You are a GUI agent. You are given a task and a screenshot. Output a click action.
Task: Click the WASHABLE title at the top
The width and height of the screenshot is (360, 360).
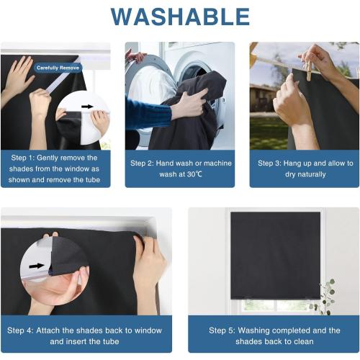[180, 17]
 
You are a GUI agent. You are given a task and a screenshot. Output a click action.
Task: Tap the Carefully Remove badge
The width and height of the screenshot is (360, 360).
[58, 68]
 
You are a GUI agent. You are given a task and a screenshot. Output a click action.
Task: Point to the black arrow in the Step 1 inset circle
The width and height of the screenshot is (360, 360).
[87, 107]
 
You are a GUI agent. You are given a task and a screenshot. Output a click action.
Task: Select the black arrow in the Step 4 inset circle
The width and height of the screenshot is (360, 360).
[37, 266]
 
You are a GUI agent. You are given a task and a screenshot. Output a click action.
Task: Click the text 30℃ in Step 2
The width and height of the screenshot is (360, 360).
[194, 174]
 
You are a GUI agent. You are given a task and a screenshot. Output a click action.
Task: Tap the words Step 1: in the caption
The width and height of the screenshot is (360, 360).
[23, 158]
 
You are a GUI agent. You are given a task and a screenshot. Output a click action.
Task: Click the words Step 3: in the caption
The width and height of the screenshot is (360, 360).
[269, 163]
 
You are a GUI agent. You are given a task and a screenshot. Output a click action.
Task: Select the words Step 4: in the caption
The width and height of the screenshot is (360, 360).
[20, 330]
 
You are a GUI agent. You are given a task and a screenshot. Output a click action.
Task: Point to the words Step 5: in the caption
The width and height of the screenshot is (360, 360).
[222, 330]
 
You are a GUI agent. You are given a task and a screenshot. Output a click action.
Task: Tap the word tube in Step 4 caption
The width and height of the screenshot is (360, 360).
[111, 341]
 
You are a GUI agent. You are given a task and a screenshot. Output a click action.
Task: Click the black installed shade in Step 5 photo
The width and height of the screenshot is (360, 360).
[275, 256]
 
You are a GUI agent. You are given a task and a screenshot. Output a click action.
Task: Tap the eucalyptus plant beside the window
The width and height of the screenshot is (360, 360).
[323, 297]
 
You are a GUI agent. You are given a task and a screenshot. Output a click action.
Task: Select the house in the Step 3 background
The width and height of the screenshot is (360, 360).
[262, 99]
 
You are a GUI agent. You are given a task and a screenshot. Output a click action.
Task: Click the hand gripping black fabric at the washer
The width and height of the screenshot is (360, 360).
[189, 104]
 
